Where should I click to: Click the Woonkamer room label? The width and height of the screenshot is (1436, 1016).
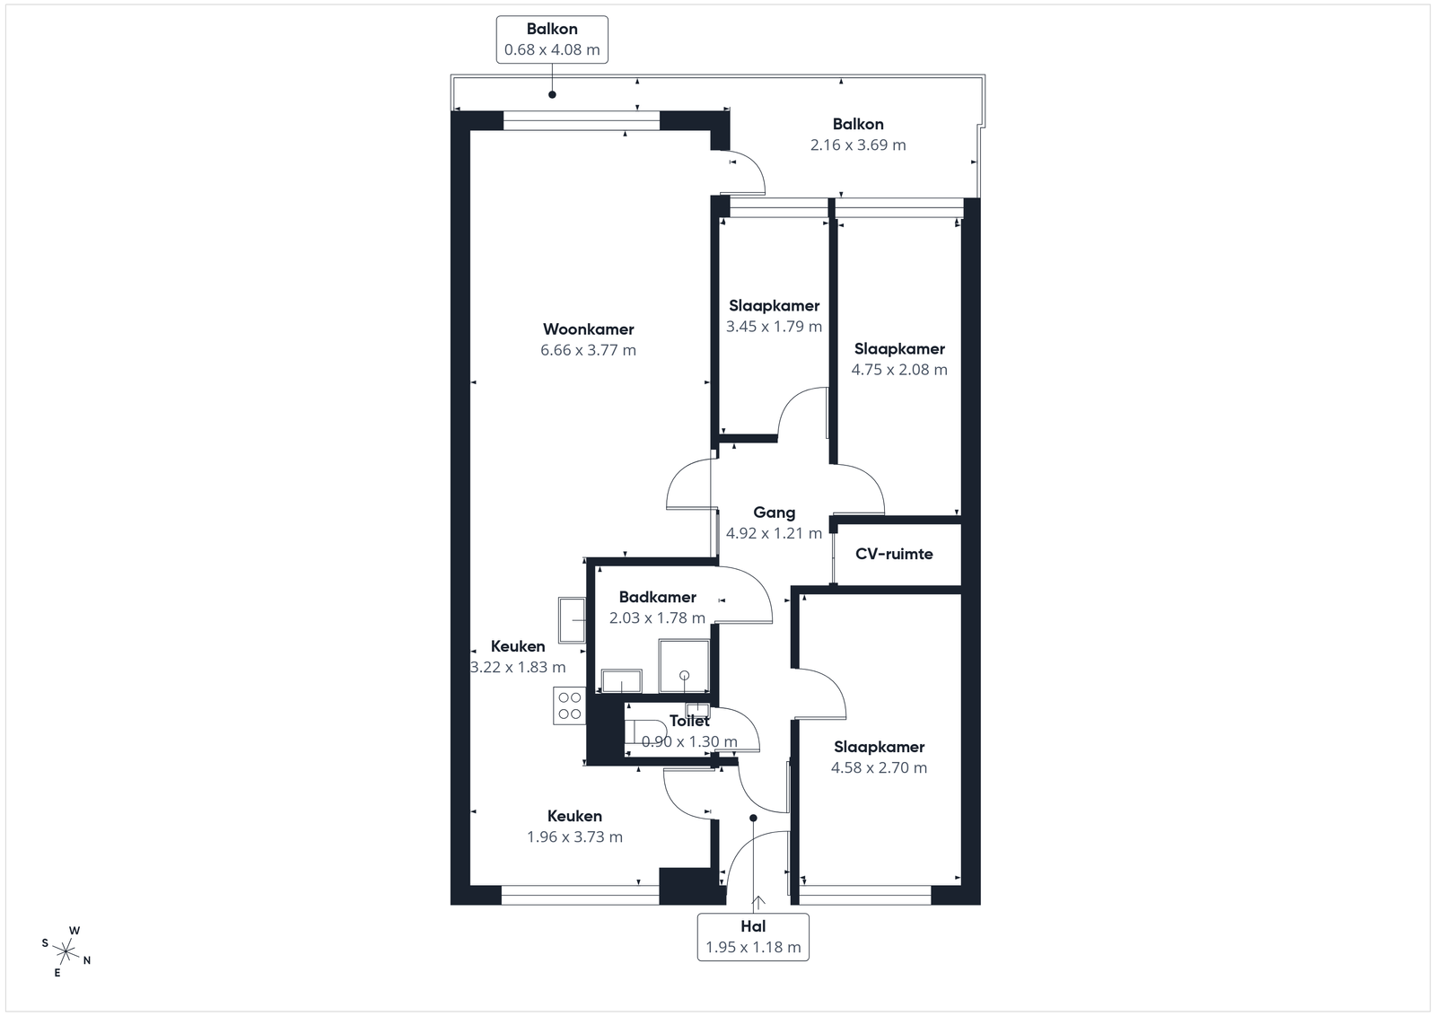tap(589, 329)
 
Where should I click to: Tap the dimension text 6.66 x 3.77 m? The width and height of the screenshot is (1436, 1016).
tap(589, 350)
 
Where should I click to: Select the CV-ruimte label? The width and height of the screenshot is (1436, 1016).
tap(894, 554)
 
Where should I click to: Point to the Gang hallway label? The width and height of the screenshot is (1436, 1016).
tap(774, 512)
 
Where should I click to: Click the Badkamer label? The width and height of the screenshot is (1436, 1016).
tap(658, 598)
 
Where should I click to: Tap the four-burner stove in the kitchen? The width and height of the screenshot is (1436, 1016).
tap(569, 705)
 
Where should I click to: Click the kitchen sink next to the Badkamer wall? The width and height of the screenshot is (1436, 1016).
tap(572, 620)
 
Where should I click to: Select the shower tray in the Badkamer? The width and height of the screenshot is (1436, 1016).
tap(684, 666)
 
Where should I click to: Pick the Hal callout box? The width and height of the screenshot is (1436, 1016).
tap(753, 937)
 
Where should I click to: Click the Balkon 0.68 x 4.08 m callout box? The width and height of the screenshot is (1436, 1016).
tap(552, 39)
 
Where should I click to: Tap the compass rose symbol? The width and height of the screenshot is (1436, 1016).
tap(66, 952)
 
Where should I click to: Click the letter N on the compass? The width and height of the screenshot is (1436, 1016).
tap(87, 960)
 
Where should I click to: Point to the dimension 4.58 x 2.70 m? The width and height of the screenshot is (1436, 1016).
tap(879, 768)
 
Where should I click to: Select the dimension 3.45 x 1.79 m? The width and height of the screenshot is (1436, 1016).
tap(774, 327)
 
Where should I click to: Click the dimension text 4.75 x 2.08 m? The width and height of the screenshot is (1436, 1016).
tap(899, 370)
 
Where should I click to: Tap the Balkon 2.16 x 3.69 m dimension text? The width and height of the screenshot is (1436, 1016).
tap(858, 145)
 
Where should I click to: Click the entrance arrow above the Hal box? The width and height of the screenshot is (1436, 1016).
tap(758, 903)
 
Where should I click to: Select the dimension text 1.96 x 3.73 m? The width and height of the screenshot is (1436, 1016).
tap(575, 837)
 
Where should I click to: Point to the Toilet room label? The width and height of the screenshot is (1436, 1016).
tap(690, 721)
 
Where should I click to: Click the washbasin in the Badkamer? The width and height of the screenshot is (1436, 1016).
tap(622, 680)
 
